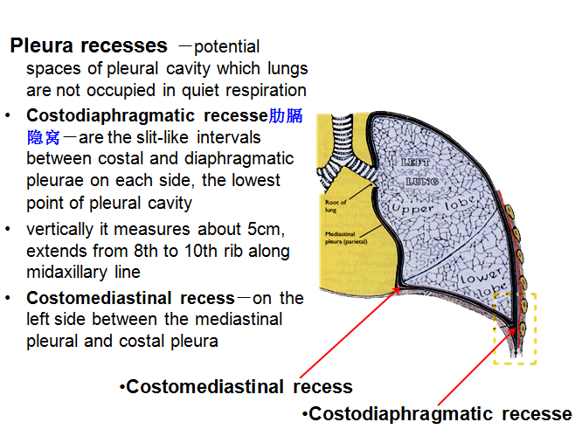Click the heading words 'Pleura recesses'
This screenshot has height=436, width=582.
88,45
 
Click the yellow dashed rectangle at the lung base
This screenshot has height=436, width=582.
515,328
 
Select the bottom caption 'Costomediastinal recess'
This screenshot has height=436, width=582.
239,386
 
